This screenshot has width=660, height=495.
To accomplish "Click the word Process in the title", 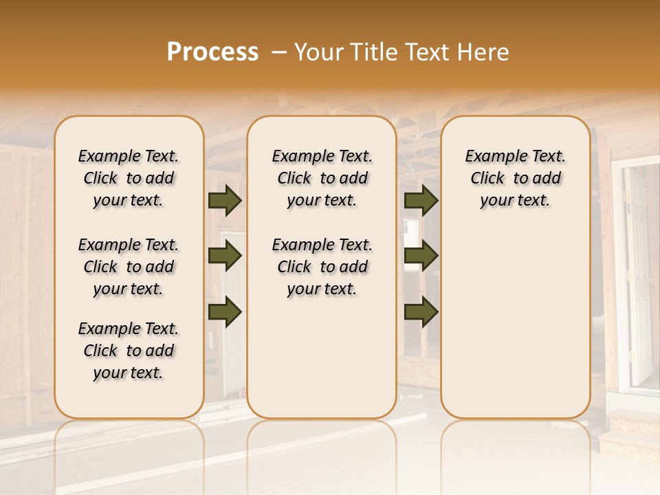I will (x=212, y=52).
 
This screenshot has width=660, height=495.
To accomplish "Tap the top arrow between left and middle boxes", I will (x=225, y=200).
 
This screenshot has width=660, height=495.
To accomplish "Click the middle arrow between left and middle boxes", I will (x=225, y=256).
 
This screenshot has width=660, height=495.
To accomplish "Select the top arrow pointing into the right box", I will (x=421, y=200).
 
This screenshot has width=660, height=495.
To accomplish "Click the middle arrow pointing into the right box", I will (x=421, y=256).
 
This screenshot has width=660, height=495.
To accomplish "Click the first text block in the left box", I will (x=129, y=178).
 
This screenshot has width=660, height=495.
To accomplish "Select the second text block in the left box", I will (x=129, y=267).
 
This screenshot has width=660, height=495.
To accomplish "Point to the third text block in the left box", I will (x=129, y=351).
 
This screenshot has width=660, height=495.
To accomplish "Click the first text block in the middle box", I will (x=322, y=178).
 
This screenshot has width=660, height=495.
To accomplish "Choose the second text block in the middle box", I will (x=322, y=267).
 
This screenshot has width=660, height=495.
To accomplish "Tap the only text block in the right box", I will (x=515, y=178).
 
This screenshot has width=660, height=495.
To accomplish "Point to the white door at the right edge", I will (x=639, y=275).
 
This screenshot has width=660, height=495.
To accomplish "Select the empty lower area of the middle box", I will (x=322, y=357).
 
